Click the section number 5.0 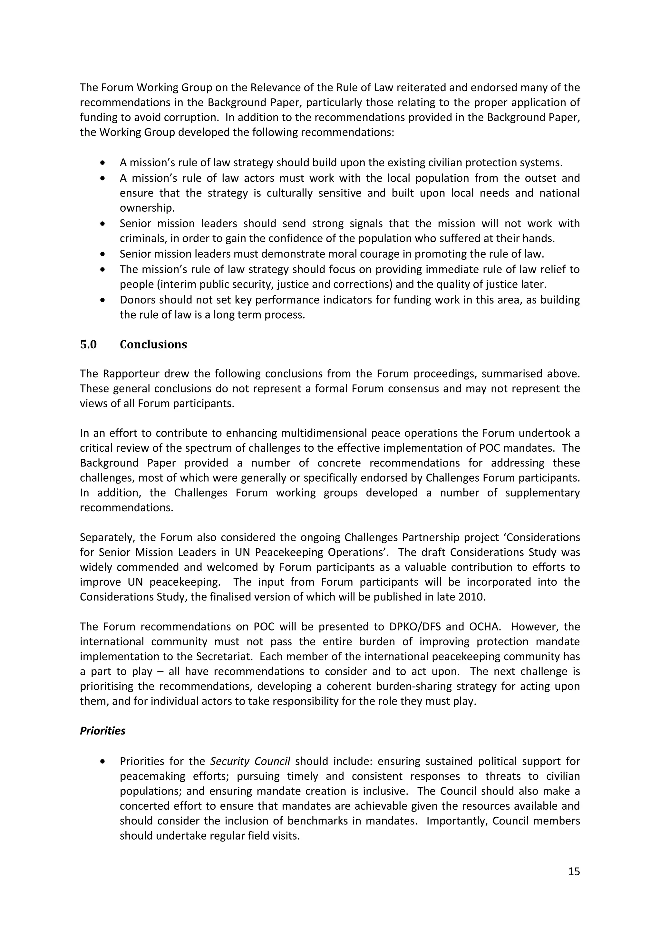tap(88, 345)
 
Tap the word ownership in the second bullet tap(147, 208)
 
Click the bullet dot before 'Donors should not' tap(102, 300)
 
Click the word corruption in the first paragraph tap(190, 118)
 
